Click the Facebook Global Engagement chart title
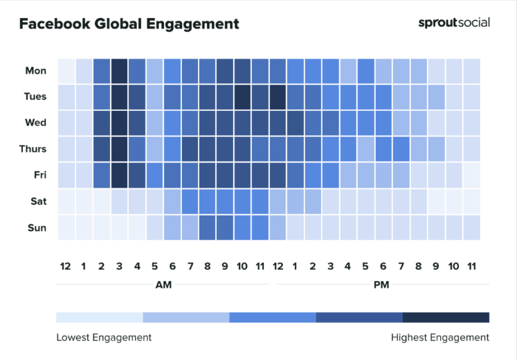(x=129, y=24)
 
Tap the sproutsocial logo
(x=453, y=22)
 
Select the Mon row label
(x=36, y=71)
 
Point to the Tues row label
(x=35, y=97)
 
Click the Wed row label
(x=36, y=123)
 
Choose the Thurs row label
(x=33, y=149)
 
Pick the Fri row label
(x=39, y=175)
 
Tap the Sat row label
(x=38, y=201)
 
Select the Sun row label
(x=37, y=228)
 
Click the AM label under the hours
(x=164, y=285)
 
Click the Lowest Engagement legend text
(x=104, y=338)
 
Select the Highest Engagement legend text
(x=440, y=338)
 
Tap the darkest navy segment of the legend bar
(x=446, y=317)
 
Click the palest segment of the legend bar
(x=100, y=317)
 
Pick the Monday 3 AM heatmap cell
(x=119, y=71)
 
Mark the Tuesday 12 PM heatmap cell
(x=278, y=97)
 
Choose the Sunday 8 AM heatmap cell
(x=208, y=228)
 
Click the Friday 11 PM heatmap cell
(x=471, y=175)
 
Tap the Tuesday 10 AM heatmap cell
(x=242, y=97)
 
